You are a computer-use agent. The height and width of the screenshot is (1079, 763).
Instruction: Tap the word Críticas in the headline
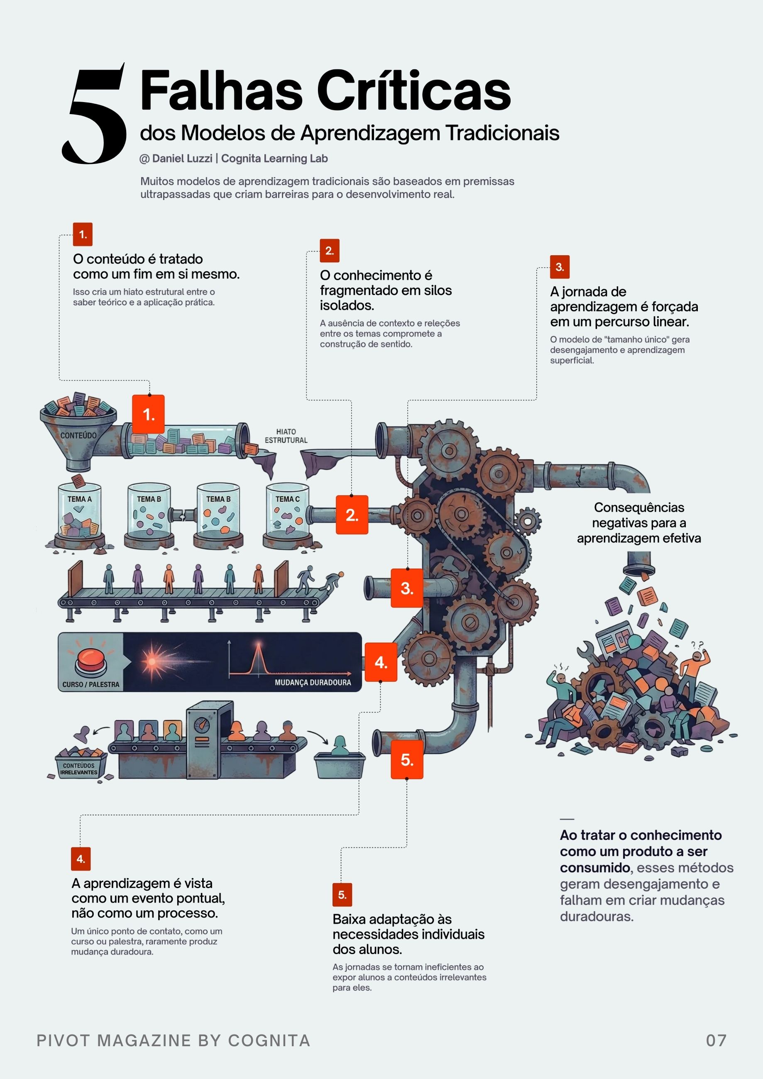[x=414, y=91]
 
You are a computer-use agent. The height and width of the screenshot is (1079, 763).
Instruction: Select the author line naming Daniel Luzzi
[x=234, y=159]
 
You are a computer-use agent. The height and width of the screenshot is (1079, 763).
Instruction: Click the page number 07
[x=716, y=1040]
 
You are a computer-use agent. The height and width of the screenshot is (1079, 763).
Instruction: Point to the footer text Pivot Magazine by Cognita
[x=174, y=1040]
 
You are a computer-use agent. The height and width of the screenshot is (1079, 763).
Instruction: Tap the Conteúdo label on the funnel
[x=78, y=436]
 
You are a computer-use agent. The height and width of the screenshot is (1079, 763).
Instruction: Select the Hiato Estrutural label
[x=286, y=436]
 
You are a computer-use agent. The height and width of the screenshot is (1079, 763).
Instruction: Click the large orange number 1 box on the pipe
[x=149, y=415]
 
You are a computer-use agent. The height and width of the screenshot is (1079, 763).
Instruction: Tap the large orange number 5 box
[x=407, y=759]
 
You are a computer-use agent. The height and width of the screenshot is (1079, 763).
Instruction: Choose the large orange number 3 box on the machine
[x=407, y=588]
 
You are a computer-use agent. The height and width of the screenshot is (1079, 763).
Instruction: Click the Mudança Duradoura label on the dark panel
[x=313, y=682]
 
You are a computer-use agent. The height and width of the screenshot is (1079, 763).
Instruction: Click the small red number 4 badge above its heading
[x=81, y=859]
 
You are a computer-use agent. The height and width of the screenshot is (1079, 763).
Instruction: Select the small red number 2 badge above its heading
[x=330, y=251]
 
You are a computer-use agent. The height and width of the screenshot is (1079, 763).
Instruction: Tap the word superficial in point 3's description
[x=572, y=361]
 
